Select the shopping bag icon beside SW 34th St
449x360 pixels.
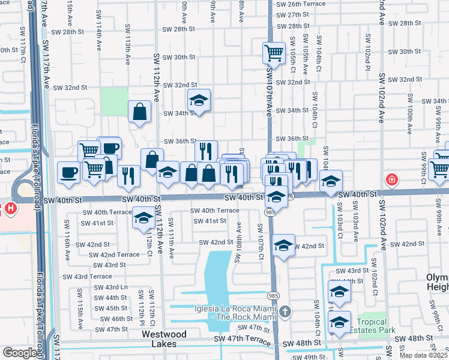click(x=139, y=112)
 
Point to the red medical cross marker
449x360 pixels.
click(x=391, y=179)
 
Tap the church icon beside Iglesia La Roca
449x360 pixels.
click(x=285, y=311)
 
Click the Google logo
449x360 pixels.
click(x=20, y=353)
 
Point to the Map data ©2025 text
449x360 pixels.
click(x=423, y=355)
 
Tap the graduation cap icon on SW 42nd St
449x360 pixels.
click(x=283, y=245)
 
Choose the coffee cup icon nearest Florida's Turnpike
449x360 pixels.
click(x=68, y=173)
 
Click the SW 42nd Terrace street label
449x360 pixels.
click(x=114, y=254)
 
